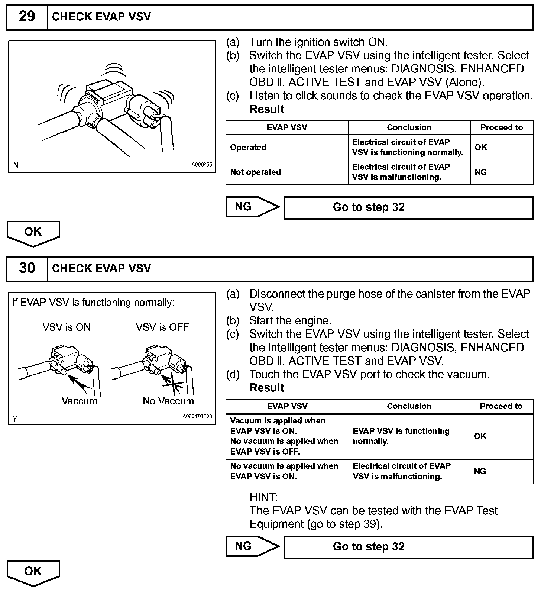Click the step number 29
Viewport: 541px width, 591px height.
pyautogui.click(x=27, y=17)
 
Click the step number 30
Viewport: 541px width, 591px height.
pyautogui.click(x=27, y=268)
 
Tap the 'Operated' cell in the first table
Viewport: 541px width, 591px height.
pyautogui.click(x=248, y=148)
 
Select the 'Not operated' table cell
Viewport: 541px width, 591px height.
pyautogui.click(x=255, y=172)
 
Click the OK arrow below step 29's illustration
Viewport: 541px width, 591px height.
pyautogui.click(x=33, y=232)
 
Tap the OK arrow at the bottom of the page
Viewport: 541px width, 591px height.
pyautogui.click(x=33, y=572)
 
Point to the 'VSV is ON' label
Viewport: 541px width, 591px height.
pyautogui.click(x=67, y=327)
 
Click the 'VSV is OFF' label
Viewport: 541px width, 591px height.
pyautogui.click(x=162, y=327)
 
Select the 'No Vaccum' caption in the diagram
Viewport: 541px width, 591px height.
pyautogui.click(x=168, y=401)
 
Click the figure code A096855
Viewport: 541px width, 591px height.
pyautogui.click(x=202, y=165)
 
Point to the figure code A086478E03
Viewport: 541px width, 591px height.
pyautogui.click(x=197, y=416)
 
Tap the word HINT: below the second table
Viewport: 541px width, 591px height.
pyautogui.click(x=263, y=497)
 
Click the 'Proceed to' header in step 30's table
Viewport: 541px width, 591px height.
pyautogui.click(x=501, y=406)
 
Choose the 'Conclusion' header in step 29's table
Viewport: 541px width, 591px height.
pyautogui.click(x=409, y=127)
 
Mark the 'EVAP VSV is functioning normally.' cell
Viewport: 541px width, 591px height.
pyautogui.click(x=401, y=436)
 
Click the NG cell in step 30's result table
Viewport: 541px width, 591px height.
pyautogui.click(x=480, y=471)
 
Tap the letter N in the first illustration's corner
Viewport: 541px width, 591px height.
pyautogui.click(x=16, y=165)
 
